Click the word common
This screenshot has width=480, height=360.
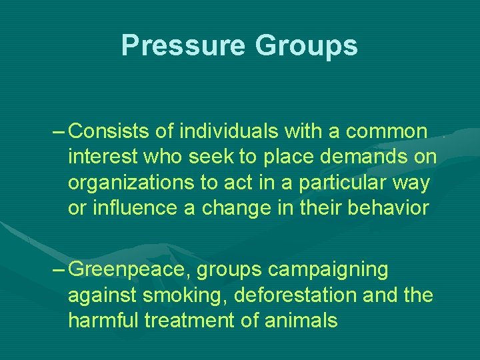tap(386, 131)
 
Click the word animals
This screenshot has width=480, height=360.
tap(304, 321)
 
